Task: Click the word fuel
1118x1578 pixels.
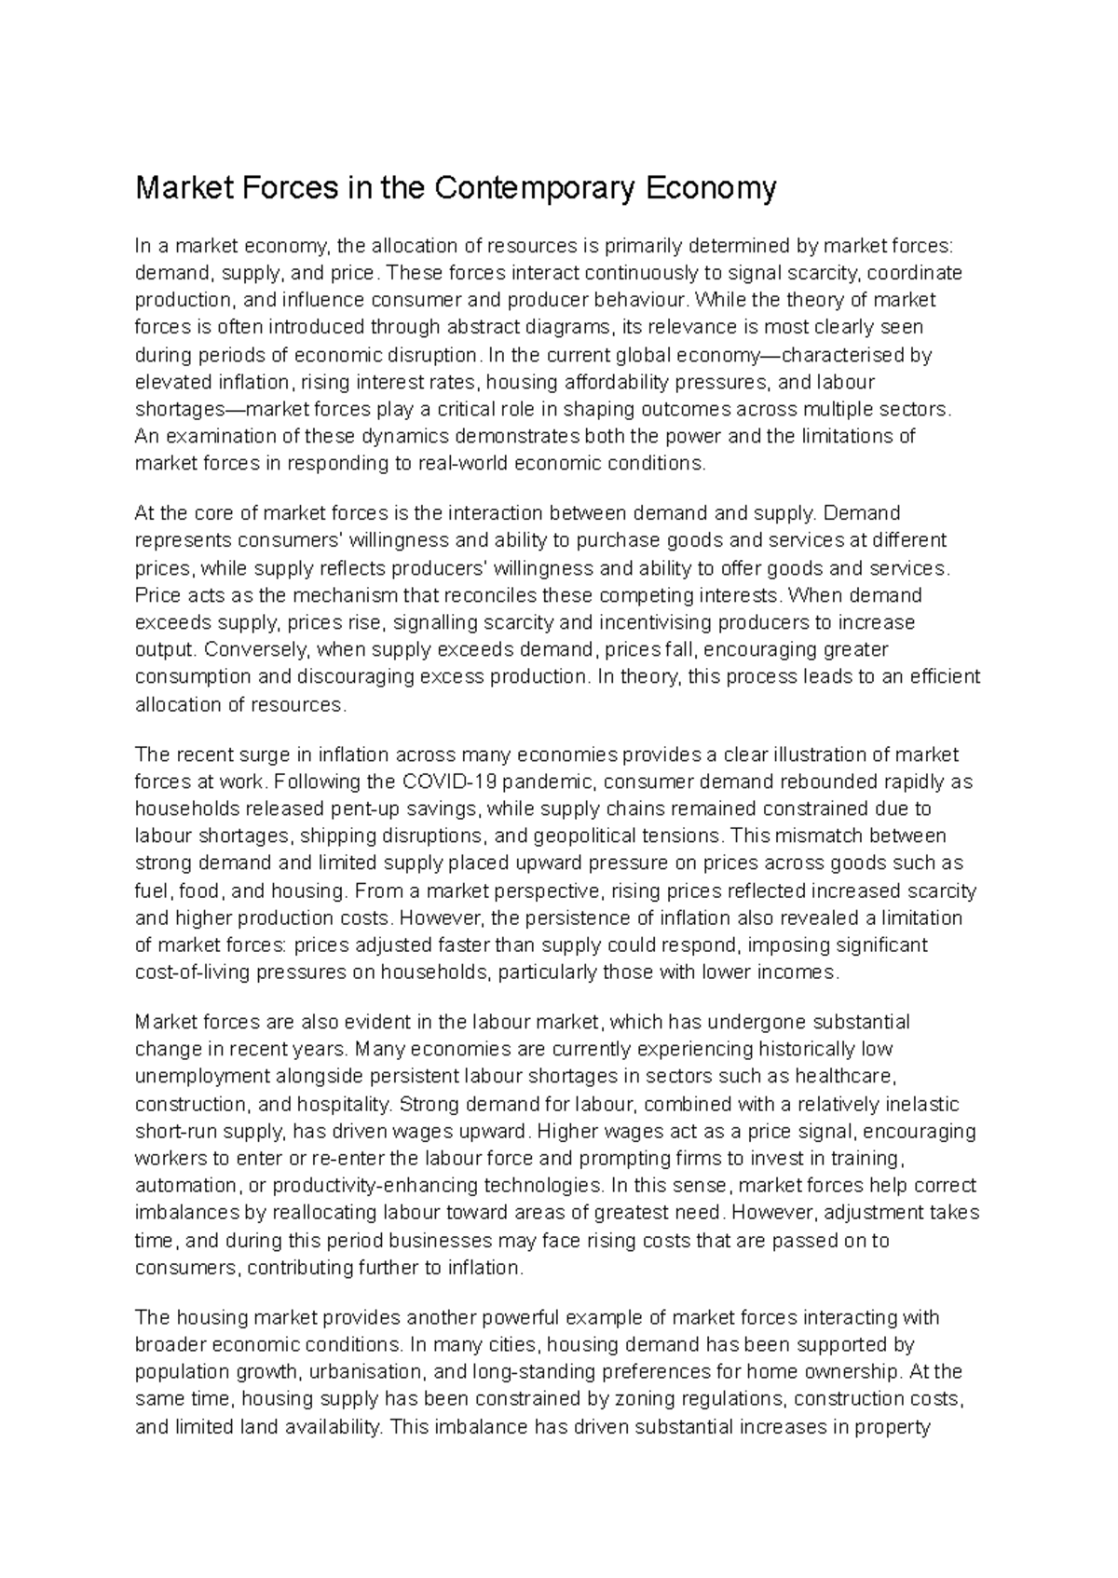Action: click(x=152, y=890)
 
